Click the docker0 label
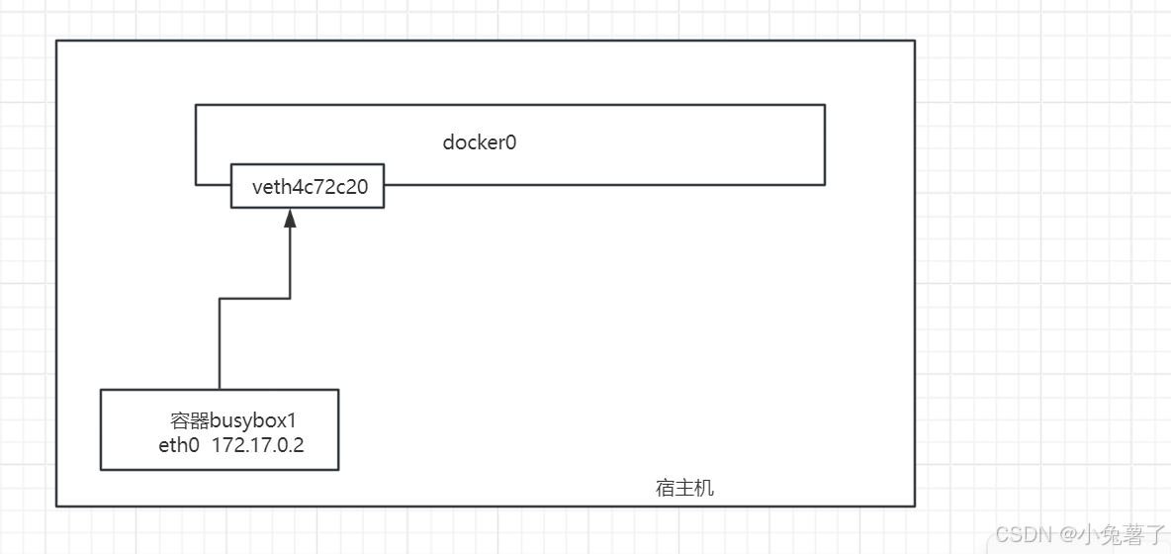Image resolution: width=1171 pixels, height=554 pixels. click(480, 142)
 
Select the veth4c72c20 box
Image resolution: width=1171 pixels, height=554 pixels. click(308, 186)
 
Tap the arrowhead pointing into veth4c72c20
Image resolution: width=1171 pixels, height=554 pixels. click(290, 220)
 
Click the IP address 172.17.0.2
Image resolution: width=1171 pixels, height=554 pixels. click(258, 445)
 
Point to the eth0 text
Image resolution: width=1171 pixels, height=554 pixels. click(178, 445)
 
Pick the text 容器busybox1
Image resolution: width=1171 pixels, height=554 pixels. click(232, 420)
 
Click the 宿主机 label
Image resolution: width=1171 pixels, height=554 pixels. click(684, 488)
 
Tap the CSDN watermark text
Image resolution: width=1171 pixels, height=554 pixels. click(1022, 535)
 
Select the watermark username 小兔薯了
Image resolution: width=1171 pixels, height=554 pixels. click(1123, 535)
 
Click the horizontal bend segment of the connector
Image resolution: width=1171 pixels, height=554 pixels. click(254, 298)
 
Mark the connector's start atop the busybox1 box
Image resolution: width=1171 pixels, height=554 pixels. click(219, 389)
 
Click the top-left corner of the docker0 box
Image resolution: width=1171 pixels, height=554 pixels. click(196, 105)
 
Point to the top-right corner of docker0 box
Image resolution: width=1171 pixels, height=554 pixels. click(825, 105)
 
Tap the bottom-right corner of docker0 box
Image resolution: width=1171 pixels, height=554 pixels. click(825, 184)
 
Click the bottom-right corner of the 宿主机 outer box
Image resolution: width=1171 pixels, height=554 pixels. click(915, 507)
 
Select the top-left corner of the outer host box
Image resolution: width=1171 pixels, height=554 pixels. click(56, 41)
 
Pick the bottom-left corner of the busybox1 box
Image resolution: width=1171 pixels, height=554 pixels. click(101, 470)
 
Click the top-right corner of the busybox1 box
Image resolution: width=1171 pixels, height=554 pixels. click(338, 390)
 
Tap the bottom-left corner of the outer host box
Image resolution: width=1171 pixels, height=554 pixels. click(56, 507)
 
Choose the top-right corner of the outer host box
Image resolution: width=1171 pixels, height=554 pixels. click(915, 41)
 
